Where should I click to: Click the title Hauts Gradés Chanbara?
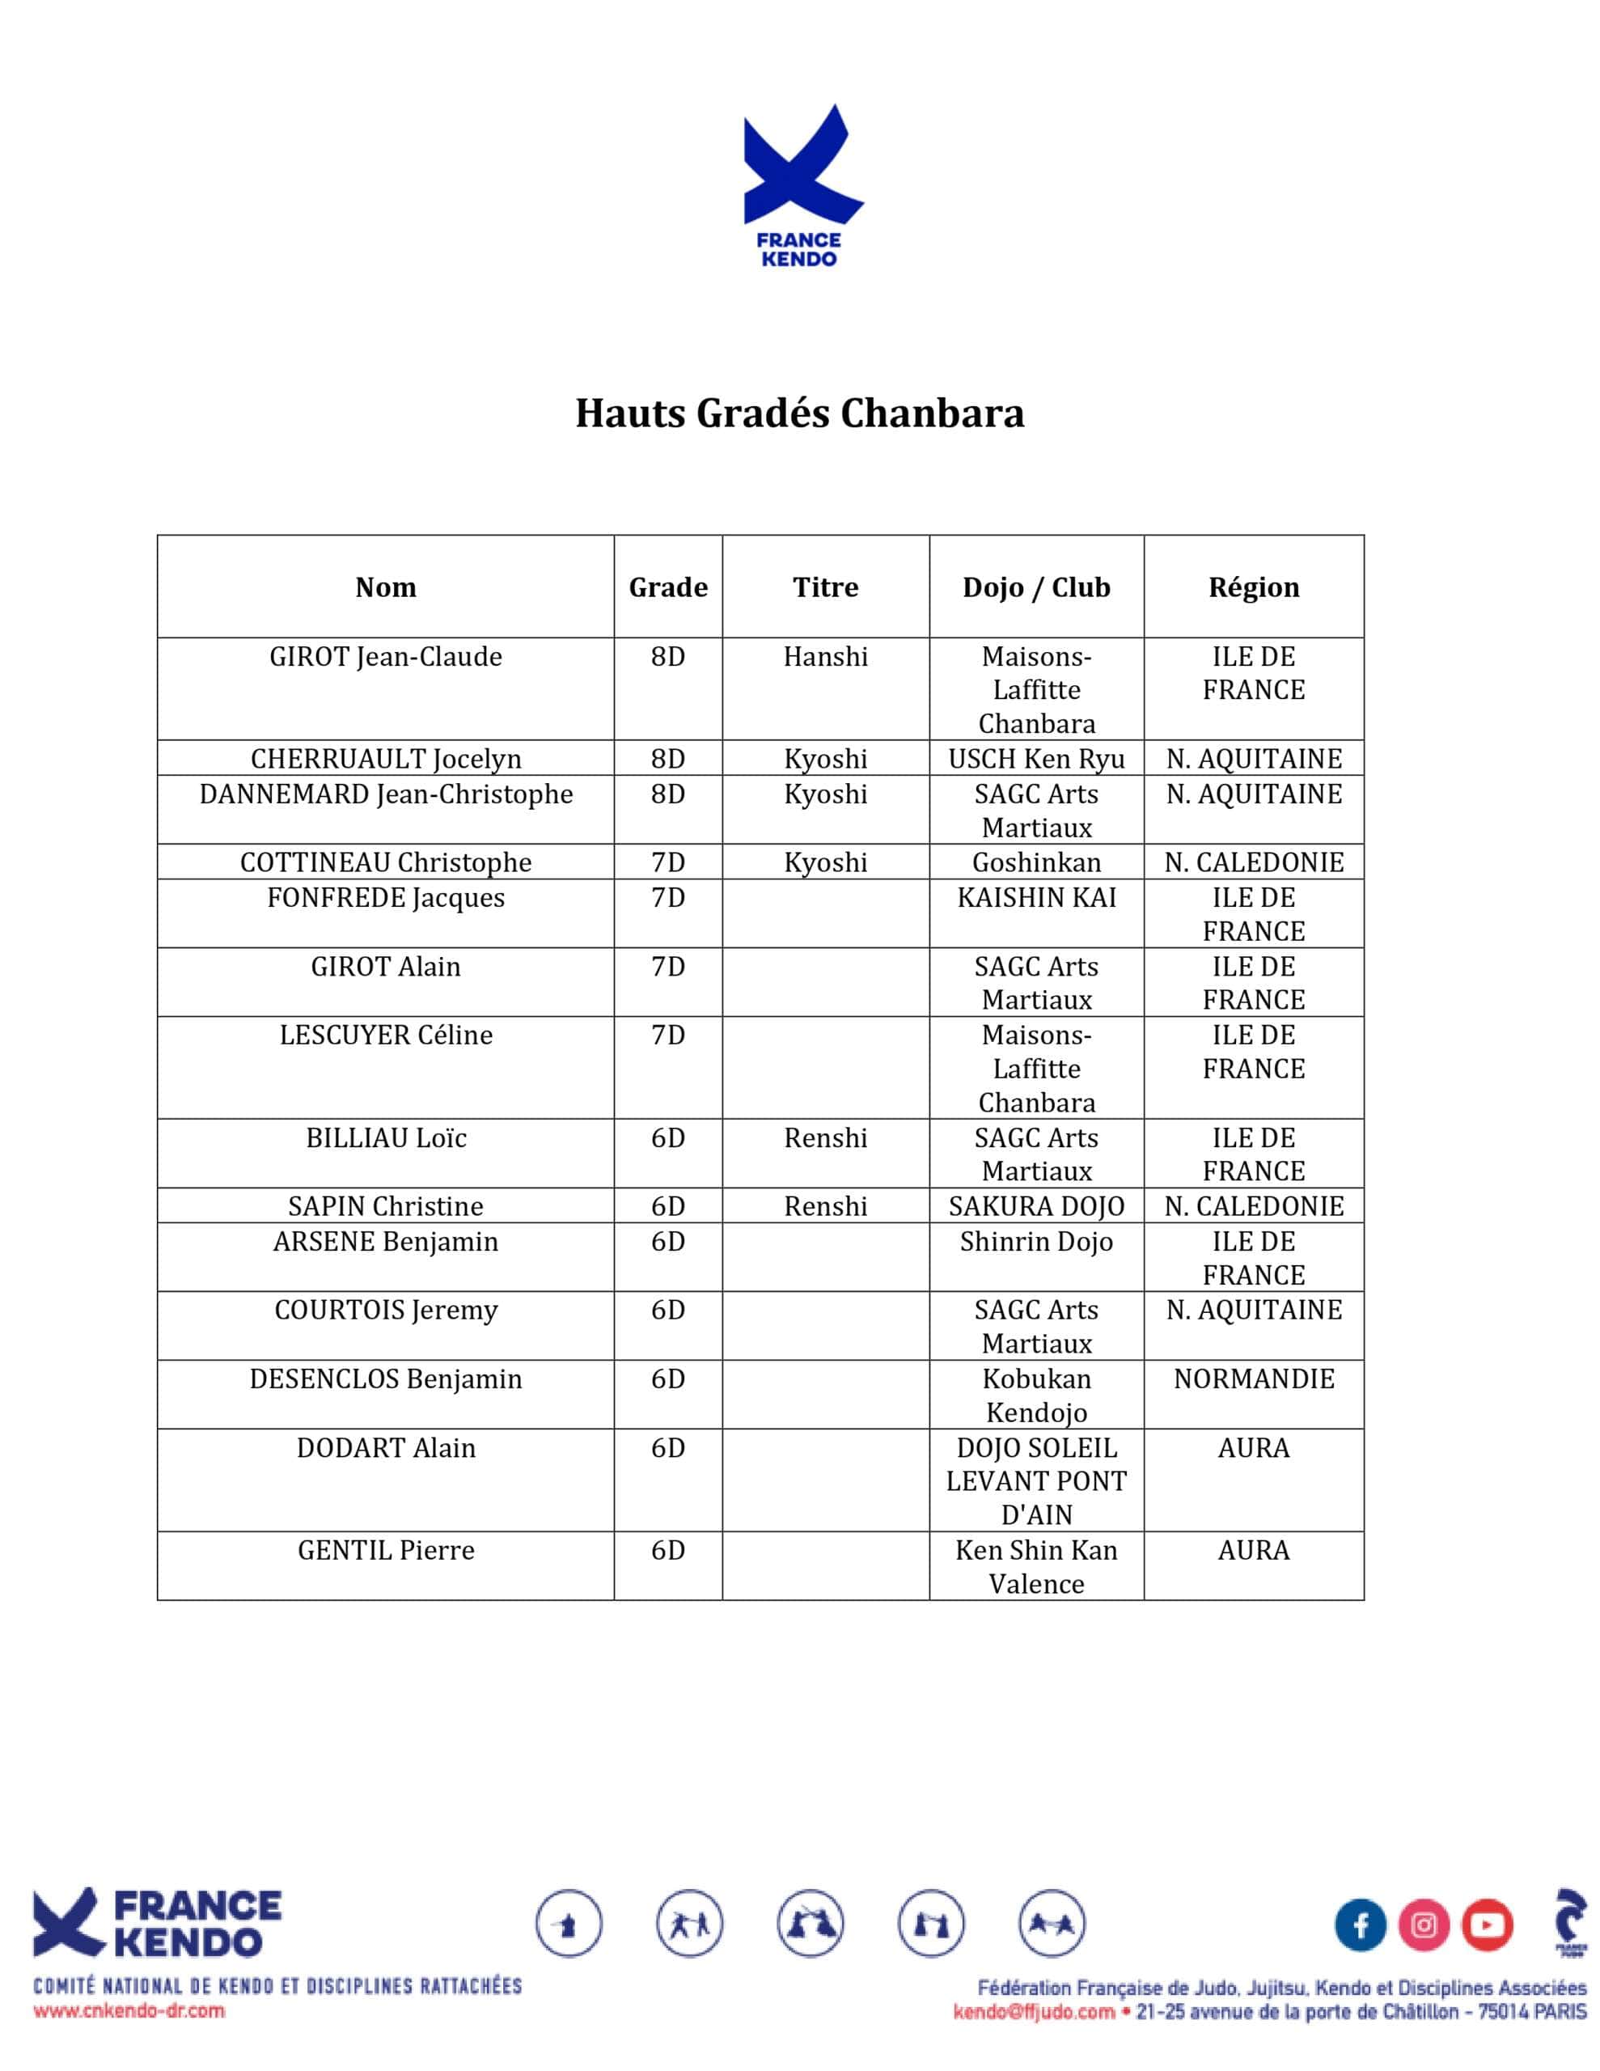pos(799,413)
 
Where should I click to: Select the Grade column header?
pos(667,587)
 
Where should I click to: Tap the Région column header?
pos(1253,587)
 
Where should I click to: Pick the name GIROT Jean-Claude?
pos(385,656)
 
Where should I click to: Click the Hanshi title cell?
pos(825,656)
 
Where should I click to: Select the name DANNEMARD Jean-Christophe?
pos(385,794)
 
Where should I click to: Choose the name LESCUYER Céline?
pos(385,1035)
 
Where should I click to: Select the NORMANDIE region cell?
pos(1253,1378)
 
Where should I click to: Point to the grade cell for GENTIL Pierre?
pos(667,1549)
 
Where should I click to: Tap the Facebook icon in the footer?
pos(1360,1925)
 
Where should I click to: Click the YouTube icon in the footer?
pos(1486,1925)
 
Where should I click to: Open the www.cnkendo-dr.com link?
pos(129,2010)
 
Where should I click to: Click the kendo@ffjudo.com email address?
pos(1034,2011)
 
